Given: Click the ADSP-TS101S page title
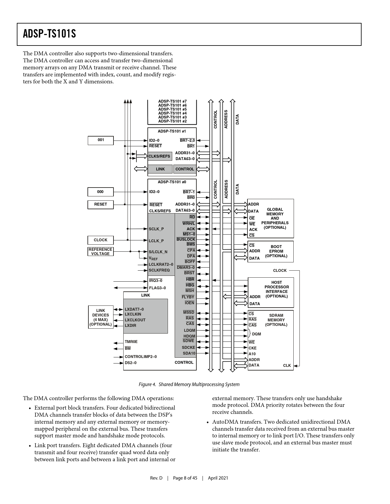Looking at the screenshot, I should (50, 34).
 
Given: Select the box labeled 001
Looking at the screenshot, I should (101, 140).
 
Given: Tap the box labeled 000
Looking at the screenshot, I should (100, 192).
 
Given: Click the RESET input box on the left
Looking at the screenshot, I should (100, 204).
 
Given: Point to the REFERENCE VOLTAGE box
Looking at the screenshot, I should (100, 251).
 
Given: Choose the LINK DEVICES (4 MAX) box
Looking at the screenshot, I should (101, 317).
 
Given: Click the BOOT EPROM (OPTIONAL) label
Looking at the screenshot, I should (276, 251).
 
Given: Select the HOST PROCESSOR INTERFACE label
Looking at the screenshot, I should (277, 289).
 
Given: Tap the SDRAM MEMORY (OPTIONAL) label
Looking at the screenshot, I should (276, 320).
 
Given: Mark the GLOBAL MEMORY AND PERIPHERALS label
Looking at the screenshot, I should (275, 218).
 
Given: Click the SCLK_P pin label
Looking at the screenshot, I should (156, 229).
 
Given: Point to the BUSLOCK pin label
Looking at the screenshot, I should (186, 239).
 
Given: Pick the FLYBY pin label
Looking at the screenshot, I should (188, 297).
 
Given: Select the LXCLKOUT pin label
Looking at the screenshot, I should (135, 320).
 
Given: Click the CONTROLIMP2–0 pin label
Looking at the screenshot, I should (140, 357).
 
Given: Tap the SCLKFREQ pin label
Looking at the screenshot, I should (159, 270).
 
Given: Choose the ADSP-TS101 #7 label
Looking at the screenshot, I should (172, 101).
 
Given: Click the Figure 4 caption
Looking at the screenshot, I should (189, 385).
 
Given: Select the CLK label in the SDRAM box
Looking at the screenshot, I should (287, 366).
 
